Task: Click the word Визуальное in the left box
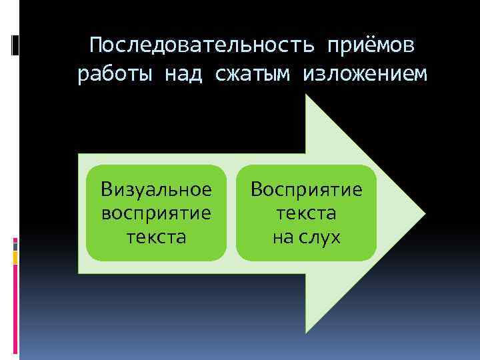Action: [157, 189]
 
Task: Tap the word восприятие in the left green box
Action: [157, 213]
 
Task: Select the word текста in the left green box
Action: [157, 237]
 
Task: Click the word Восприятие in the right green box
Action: [307, 189]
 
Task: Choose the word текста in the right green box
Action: [307, 213]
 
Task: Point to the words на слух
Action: [307, 237]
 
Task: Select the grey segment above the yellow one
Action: [15, 245]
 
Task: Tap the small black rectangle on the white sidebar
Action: [15, 45]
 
